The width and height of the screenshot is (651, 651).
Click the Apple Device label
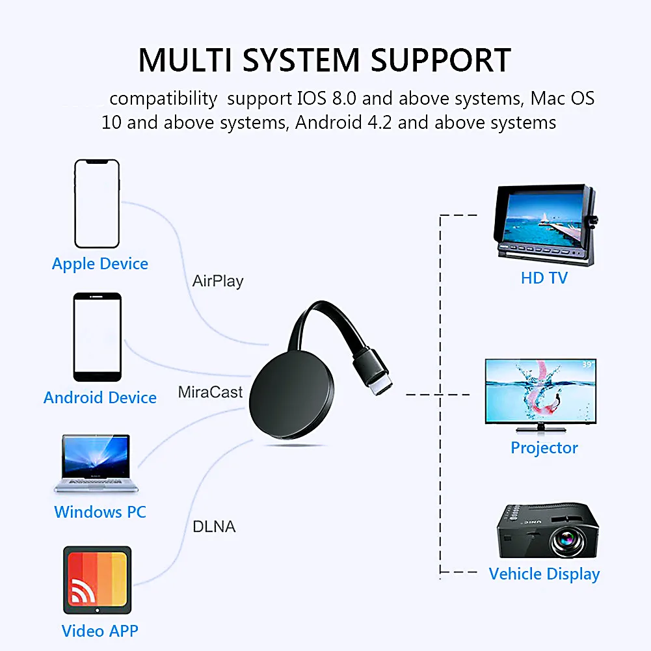click(x=100, y=264)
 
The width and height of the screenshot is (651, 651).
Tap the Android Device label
click(x=100, y=397)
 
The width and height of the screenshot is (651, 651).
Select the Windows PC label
click(x=100, y=512)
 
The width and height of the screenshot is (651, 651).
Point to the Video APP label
click(x=100, y=630)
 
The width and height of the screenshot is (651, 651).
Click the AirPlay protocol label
click(x=218, y=282)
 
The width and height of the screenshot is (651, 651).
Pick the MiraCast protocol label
click(x=210, y=392)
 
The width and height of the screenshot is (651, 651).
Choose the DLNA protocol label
click(x=214, y=526)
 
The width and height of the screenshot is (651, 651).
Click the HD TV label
click(x=544, y=278)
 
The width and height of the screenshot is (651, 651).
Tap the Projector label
click(x=544, y=447)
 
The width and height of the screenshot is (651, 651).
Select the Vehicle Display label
click(x=544, y=574)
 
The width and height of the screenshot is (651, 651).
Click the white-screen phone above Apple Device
click(x=97, y=204)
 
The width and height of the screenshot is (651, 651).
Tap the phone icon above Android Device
click(x=97, y=337)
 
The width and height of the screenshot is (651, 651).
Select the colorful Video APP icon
click(x=97, y=581)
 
